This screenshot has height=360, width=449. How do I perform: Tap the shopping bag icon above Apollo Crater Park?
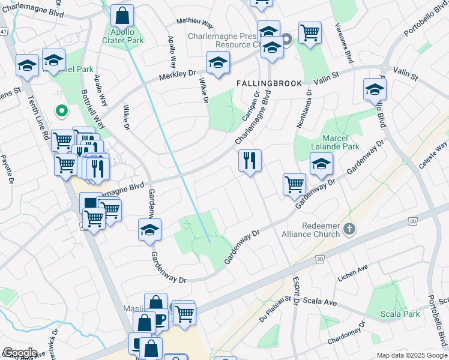122,16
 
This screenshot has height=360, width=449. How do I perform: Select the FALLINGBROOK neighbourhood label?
269,83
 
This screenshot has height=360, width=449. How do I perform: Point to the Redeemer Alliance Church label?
314,229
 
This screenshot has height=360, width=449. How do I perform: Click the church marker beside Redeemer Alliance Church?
351,229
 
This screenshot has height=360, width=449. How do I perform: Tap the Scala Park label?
400,314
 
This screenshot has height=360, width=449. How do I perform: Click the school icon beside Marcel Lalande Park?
321,164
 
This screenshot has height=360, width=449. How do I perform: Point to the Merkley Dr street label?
178,76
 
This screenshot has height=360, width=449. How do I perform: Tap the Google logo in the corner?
20,353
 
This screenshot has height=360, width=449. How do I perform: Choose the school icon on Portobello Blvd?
375,89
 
